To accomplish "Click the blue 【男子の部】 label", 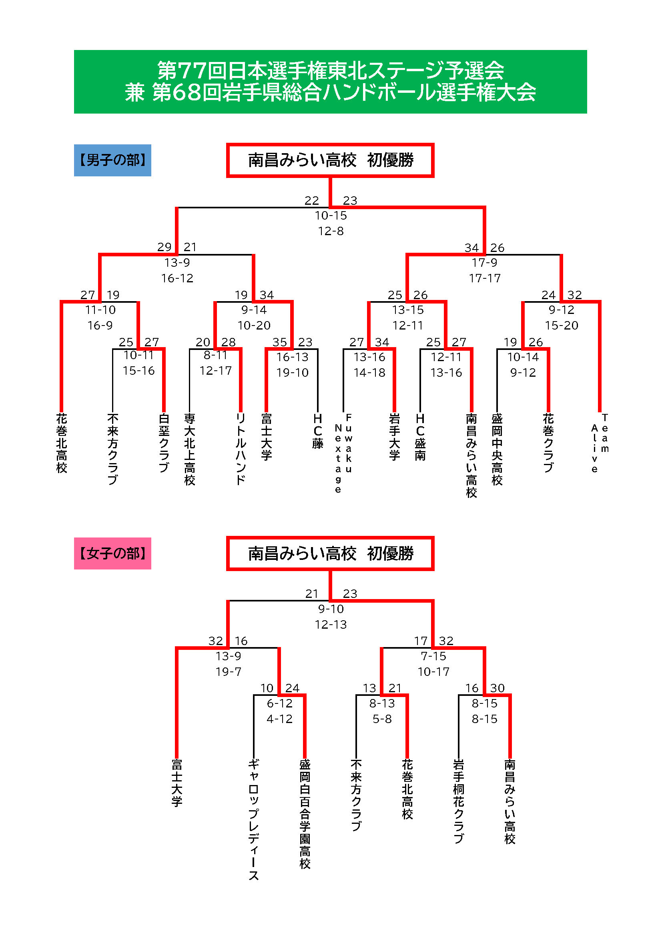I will point(112,160).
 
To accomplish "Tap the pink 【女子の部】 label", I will point(112,553).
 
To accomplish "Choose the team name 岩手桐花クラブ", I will point(459,801).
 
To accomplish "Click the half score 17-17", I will point(485,278).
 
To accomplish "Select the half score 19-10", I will point(292,372).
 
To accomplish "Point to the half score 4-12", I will point(280,719).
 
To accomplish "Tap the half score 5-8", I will point(382,719).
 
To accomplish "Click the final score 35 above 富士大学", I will point(280,342).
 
